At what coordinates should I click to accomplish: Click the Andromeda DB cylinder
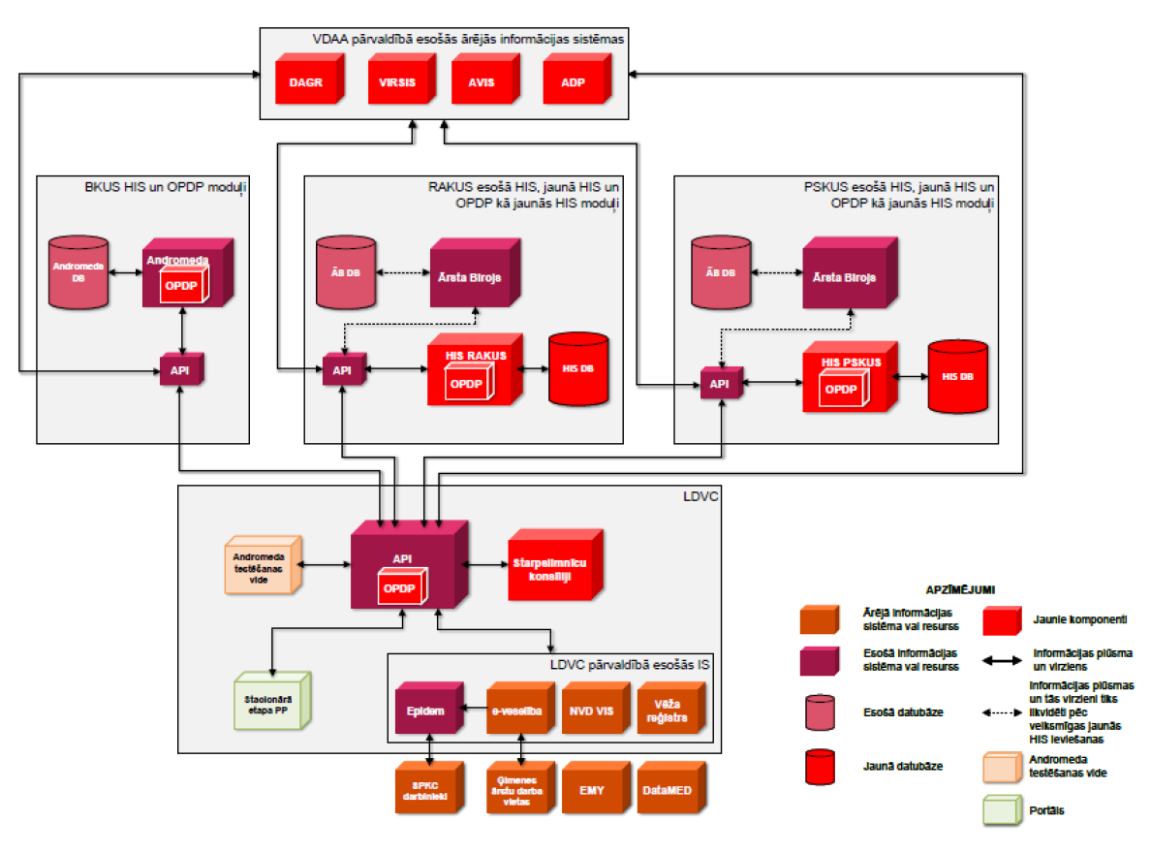(x=78, y=274)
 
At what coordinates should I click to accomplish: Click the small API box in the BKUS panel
(x=181, y=371)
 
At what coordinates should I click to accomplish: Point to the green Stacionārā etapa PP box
(x=270, y=700)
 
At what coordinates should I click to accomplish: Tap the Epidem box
(x=424, y=712)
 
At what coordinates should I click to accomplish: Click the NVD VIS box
(x=589, y=712)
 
